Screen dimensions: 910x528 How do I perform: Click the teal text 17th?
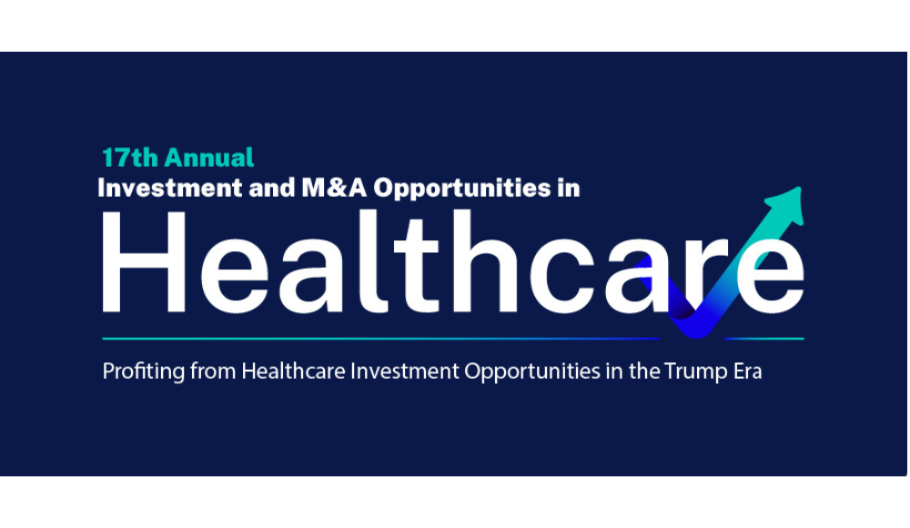point(129,157)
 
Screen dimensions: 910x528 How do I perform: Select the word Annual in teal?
point(209,157)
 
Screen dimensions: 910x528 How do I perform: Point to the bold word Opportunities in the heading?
point(461,188)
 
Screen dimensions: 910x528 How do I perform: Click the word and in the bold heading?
point(272,188)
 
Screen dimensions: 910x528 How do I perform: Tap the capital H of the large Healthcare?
point(144,262)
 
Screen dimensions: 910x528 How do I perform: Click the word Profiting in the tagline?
point(144,371)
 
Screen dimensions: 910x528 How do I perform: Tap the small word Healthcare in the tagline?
point(294,371)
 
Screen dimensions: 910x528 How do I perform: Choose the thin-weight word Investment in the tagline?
point(405,371)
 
